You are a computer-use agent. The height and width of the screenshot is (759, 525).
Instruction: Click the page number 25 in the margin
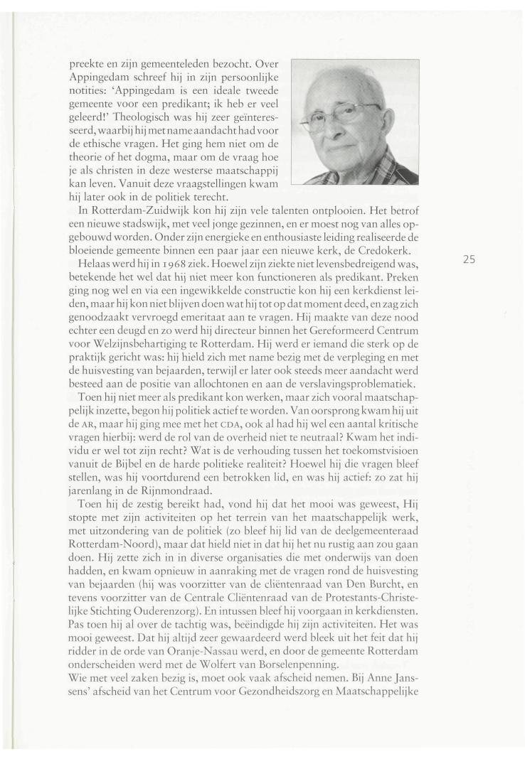coord(470,259)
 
